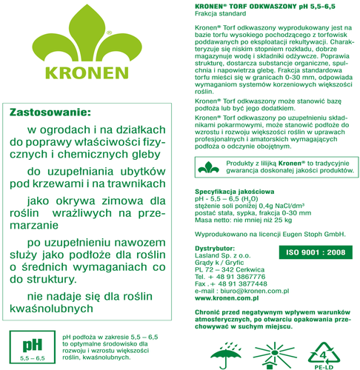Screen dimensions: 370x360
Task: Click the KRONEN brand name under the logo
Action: pyautogui.click(x=87, y=75)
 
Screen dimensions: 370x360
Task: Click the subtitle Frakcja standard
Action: pyautogui.click(x=213, y=16)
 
